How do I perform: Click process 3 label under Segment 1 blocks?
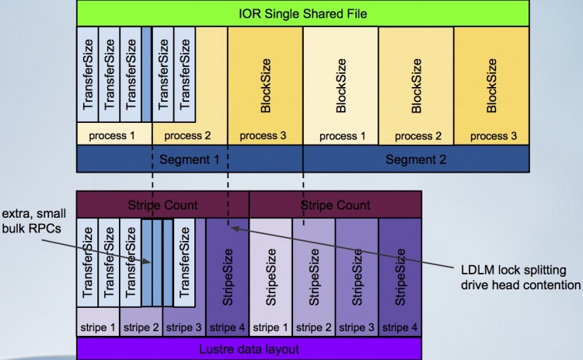coord(264,135)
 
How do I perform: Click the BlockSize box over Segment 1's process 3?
coord(264,83)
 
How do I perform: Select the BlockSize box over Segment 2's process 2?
coord(416,83)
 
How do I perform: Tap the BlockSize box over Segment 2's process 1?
coord(340,83)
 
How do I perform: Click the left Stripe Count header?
coord(162,205)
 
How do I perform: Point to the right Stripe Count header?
coord(335,205)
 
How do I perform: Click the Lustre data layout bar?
coord(249,349)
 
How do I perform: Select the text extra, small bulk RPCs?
coord(34,219)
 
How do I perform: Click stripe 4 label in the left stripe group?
coord(227,327)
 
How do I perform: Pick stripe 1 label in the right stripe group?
coord(271,327)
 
